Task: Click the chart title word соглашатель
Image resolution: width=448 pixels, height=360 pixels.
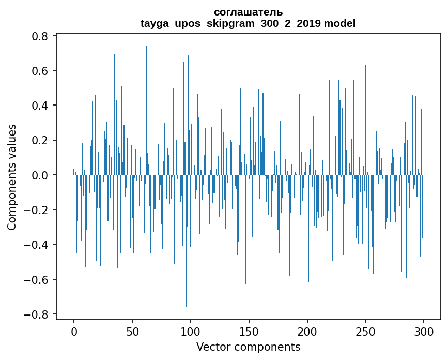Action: pos(248,12)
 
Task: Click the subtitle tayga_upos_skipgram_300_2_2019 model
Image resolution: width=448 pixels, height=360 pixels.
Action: pos(248,23)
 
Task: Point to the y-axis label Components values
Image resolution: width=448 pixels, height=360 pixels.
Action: pos(11,177)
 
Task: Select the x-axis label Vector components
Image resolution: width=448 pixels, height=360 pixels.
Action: pos(248,347)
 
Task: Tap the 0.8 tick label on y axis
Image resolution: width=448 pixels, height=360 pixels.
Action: pos(41,36)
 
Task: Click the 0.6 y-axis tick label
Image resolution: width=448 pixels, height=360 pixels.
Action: pos(41,71)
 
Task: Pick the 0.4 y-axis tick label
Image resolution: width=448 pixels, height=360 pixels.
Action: pos(41,106)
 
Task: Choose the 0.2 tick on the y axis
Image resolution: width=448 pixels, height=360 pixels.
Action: pos(41,140)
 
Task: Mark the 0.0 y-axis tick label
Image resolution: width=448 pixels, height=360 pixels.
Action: pos(41,175)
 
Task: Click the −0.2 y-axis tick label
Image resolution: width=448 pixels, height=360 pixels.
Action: pos(37,210)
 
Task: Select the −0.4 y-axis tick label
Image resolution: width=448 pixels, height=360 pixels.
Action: pos(37,245)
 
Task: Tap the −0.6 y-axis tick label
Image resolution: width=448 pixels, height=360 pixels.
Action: pos(37,279)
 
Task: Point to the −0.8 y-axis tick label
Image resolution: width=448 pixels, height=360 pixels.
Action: pos(37,314)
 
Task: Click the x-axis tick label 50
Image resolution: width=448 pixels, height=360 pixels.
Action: pos(132,331)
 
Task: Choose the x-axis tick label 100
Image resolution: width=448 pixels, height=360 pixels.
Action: pos(191,331)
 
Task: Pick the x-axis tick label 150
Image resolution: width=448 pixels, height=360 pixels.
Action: pos(249,331)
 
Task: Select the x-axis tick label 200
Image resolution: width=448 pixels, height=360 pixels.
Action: pos(307,331)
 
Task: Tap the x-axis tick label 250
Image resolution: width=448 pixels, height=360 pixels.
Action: pos(365,331)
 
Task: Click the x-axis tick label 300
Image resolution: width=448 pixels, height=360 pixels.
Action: pos(424,331)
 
